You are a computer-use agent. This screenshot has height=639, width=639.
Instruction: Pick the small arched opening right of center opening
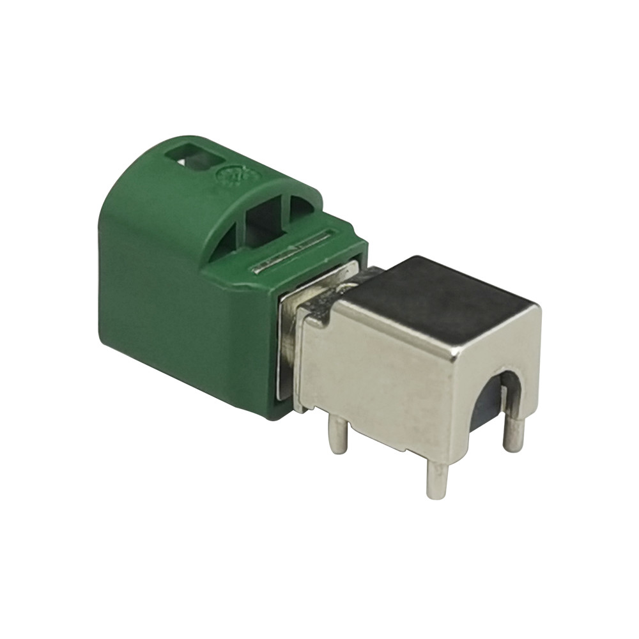[x=304, y=207]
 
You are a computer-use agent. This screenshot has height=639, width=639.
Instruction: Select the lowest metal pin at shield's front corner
[x=438, y=479]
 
